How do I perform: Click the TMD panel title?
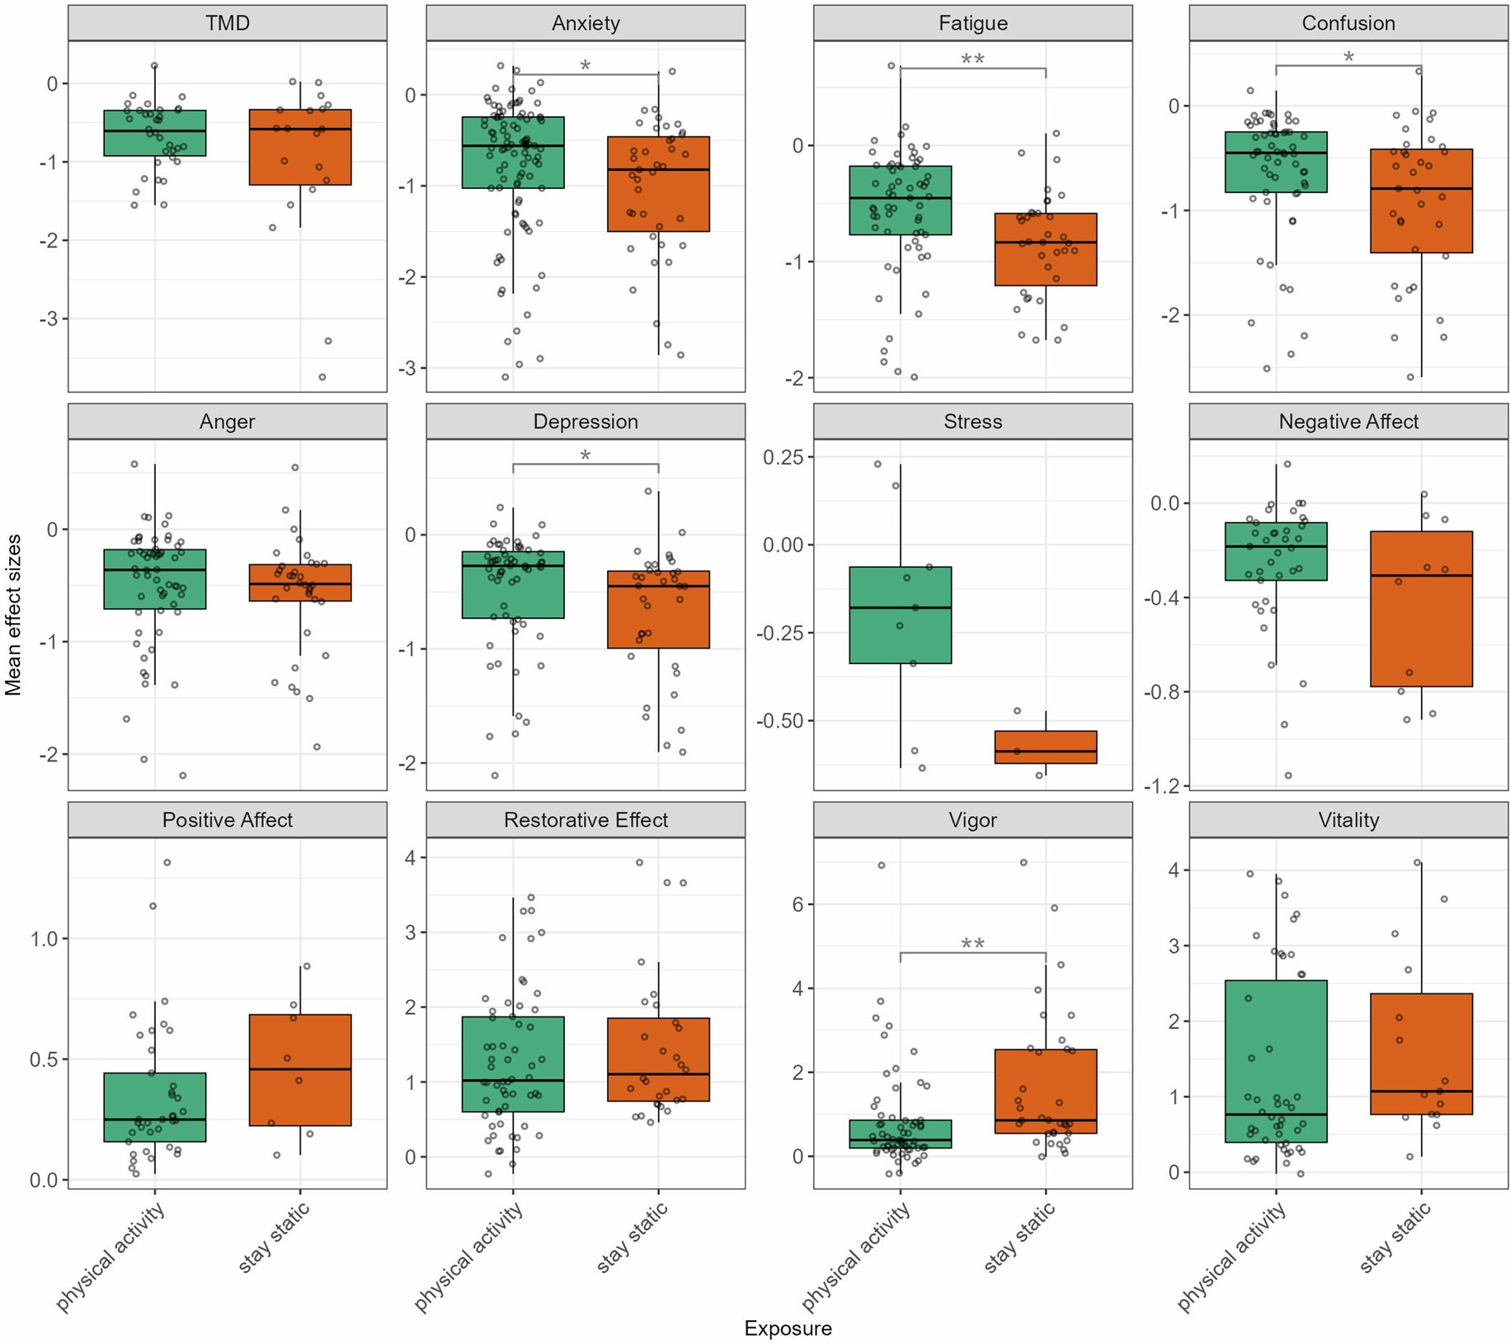click(227, 23)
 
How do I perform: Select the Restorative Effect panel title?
click(586, 820)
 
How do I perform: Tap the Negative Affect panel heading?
click(1348, 422)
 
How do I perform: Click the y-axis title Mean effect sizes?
click(12, 615)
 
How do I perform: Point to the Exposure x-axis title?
click(788, 1328)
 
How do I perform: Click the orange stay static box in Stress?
click(1045, 747)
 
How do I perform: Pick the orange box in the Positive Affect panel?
click(299, 1069)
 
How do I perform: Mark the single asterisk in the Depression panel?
click(585, 456)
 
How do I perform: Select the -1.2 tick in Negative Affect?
click(1161, 785)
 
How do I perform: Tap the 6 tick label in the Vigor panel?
click(797, 904)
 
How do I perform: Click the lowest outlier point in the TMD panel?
click(322, 377)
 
